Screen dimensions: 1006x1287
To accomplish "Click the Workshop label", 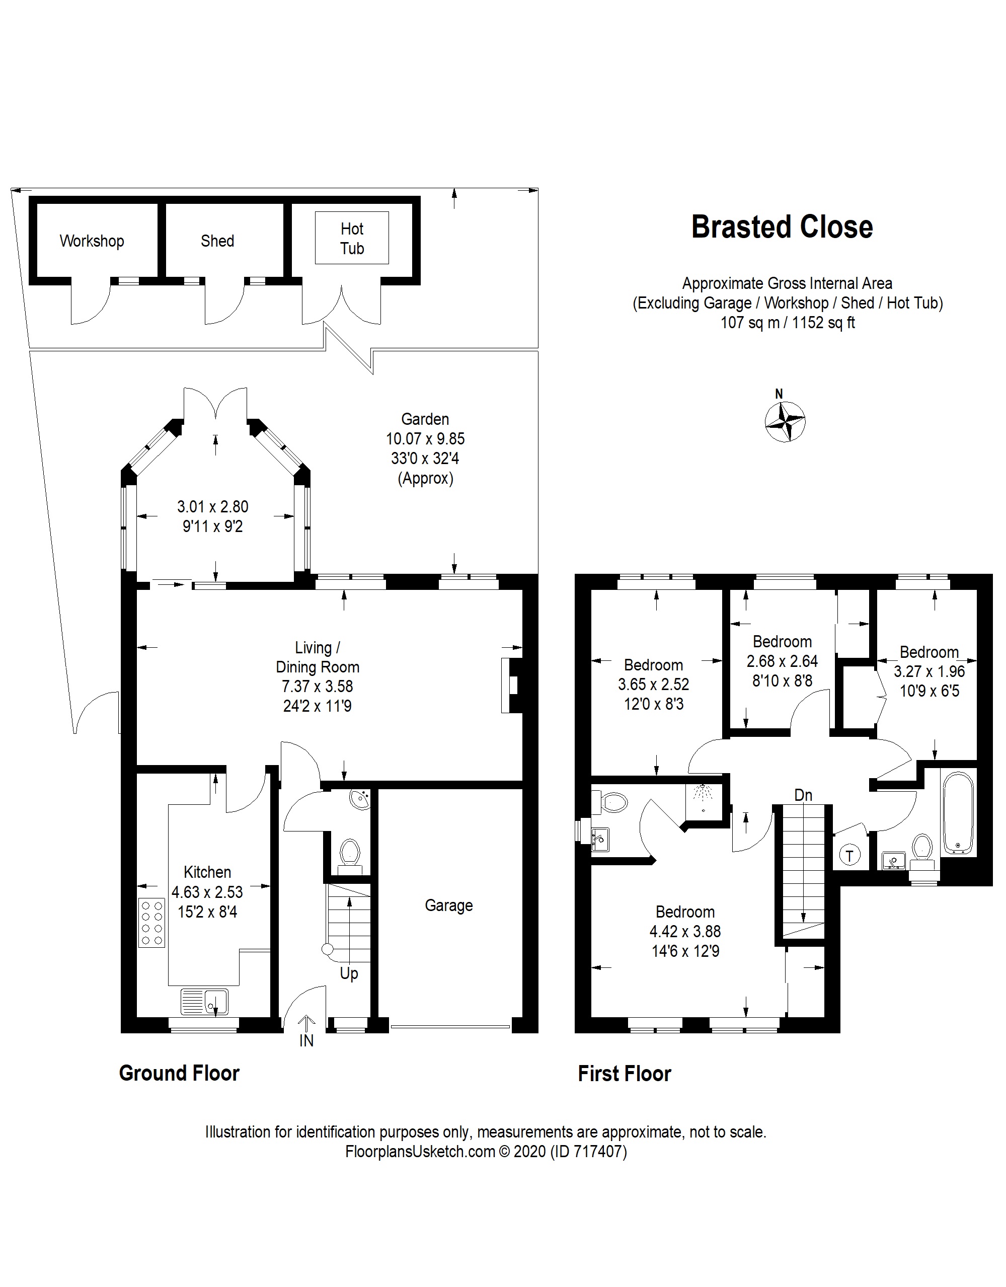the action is click(x=92, y=241).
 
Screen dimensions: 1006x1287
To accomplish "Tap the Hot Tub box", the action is click(x=352, y=238).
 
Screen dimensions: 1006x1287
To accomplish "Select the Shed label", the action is click(x=217, y=241).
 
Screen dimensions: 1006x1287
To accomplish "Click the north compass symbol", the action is click(x=785, y=421).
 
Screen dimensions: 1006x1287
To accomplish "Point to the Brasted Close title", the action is click(x=782, y=228).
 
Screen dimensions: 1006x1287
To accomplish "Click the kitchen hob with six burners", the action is click(x=151, y=922).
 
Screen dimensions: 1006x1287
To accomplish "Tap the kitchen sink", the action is click(x=204, y=1002).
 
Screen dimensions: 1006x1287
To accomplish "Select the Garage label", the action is click(x=449, y=906).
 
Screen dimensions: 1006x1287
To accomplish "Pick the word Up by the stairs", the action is click(x=349, y=973).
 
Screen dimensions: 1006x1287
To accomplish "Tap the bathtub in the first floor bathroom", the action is click(x=959, y=813).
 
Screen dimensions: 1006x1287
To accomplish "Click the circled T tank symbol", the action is click(x=849, y=855).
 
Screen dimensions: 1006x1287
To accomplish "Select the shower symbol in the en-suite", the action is click(x=703, y=795).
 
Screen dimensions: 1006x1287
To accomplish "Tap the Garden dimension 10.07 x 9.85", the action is click(x=426, y=439).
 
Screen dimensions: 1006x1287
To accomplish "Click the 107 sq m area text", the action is click(x=750, y=323).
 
